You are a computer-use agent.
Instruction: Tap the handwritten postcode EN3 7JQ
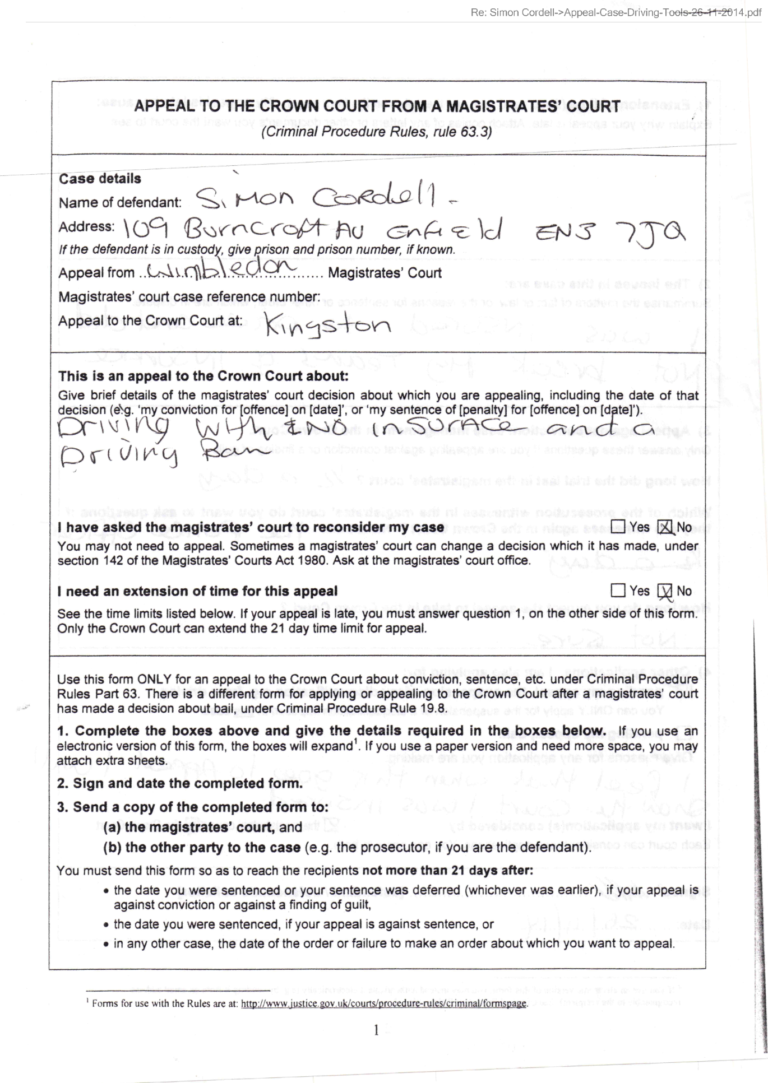coord(609,231)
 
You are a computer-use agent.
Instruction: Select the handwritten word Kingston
coord(328,325)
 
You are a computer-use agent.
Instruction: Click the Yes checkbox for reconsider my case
coord(618,527)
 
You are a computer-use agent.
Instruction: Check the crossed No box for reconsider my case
coord(665,527)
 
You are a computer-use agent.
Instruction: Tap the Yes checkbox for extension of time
coord(618,591)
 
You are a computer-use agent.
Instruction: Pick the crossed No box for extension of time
coord(665,591)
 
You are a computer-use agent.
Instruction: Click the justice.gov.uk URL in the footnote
coord(384,1003)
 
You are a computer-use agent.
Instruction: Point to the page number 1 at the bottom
coord(376,1030)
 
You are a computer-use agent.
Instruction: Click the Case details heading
coord(100,179)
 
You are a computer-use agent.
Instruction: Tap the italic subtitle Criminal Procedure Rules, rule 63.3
coord(376,132)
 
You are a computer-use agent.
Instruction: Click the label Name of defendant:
coord(120,203)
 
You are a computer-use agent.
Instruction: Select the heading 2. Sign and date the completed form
coord(179,783)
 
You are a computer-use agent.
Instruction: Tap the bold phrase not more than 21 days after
coord(447,871)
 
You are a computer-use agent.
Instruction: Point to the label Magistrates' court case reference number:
coord(189,296)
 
